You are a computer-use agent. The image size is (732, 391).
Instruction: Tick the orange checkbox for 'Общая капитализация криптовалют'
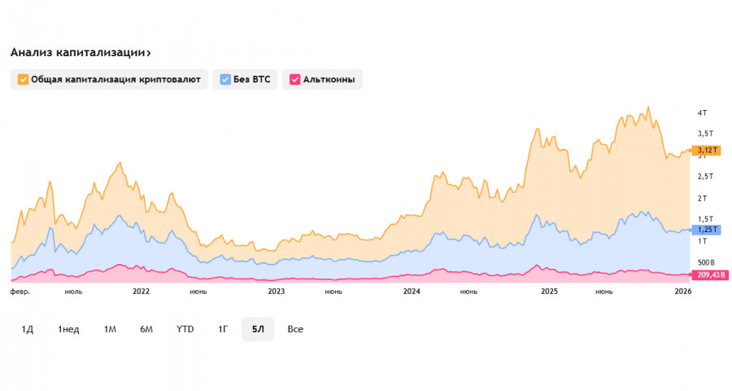click(x=23, y=79)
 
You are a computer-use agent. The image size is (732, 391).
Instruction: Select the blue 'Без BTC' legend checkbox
click(x=225, y=79)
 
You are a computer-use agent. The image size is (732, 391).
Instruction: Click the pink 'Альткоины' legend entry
click(x=322, y=79)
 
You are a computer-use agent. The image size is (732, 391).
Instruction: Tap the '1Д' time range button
click(x=27, y=329)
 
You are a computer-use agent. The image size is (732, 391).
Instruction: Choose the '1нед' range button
click(x=68, y=329)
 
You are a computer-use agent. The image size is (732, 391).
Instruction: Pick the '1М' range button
click(x=110, y=329)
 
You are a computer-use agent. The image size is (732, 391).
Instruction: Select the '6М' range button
click(x=146, y=329)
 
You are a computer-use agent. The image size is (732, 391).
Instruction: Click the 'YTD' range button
click(x=185, y=329)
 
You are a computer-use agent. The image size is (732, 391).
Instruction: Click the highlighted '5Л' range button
click(x=258, y=329)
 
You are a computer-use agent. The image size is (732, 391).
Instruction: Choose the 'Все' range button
click(x=295, y=329)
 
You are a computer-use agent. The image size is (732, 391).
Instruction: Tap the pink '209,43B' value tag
click(x=710, y=275)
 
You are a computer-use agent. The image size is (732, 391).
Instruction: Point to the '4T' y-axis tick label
click(x=702, y=112)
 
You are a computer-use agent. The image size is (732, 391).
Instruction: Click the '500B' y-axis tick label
click(x=704, y=263)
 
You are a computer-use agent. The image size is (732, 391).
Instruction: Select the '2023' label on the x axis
click(x=277, y=291)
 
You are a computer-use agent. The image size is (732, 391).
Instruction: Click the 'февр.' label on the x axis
click(x=20, y=291)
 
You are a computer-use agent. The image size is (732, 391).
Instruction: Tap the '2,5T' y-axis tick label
click(x=704, y=177)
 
